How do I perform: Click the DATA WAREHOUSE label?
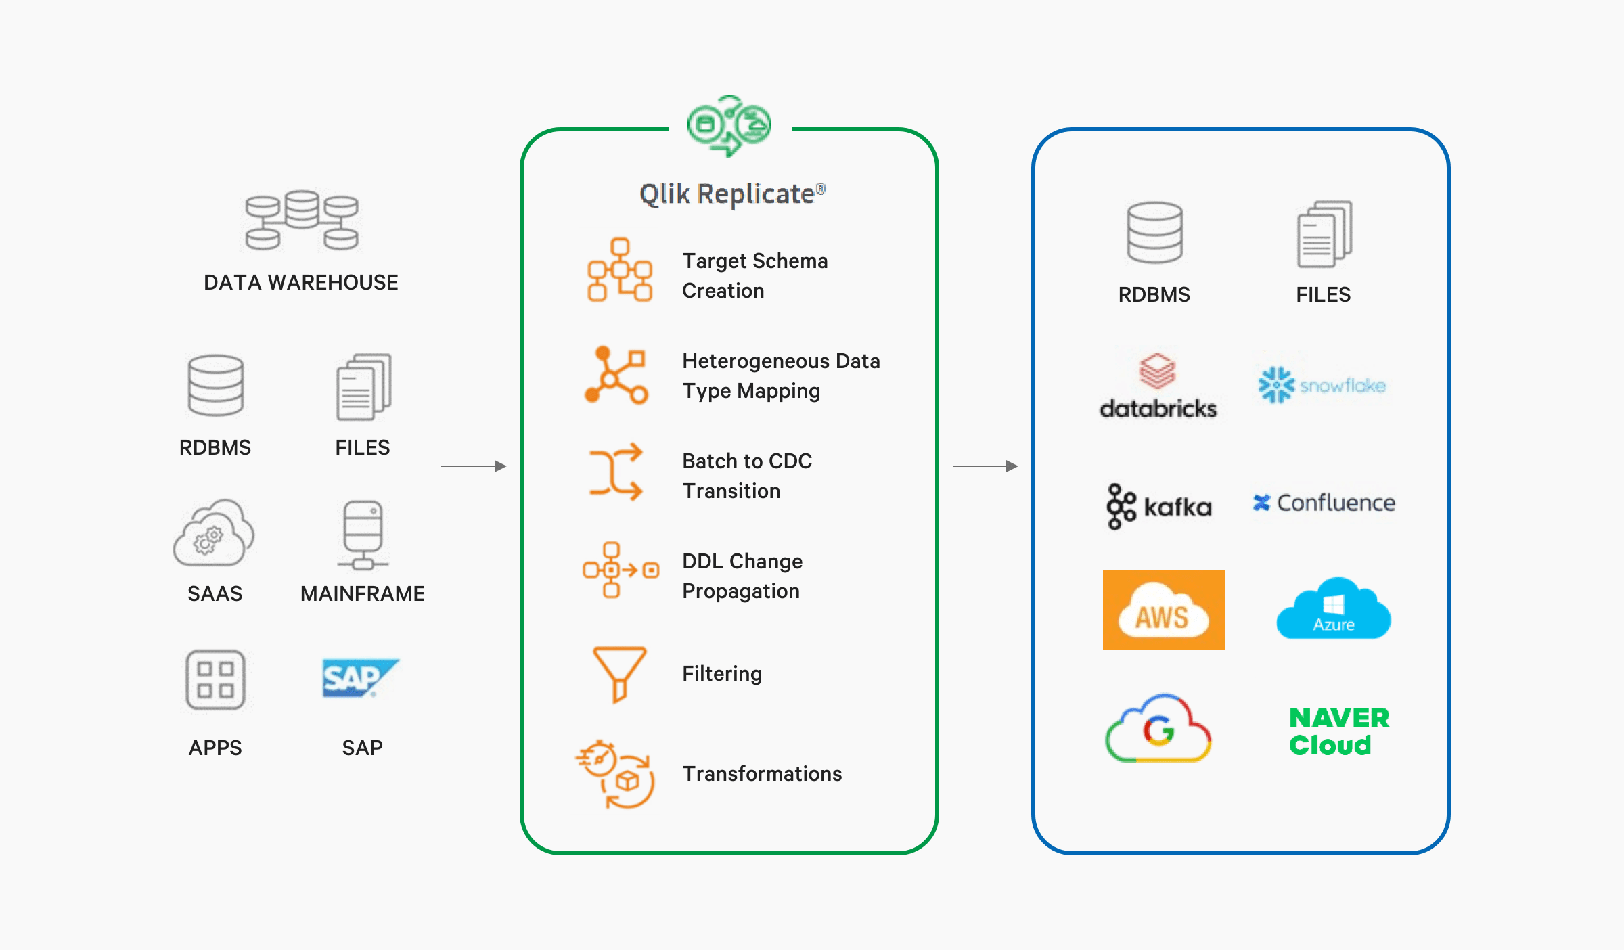(300, 282)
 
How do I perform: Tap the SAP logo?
(360, 677)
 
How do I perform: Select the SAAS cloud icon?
(214, 535)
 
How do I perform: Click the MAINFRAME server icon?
(363, 535)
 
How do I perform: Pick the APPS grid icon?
(215, 679)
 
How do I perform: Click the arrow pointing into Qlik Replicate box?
(474, 466)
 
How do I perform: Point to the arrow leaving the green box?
(985, 466)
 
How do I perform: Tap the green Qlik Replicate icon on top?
(729, 126)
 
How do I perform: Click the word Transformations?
(762, 773)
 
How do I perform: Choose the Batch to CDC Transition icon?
(615, 472)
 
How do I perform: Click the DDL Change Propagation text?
(742, 576)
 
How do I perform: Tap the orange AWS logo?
(1163, 610)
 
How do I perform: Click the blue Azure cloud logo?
(1333, 610)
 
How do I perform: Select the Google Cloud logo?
(1158, 729)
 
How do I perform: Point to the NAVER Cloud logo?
(1338, 731)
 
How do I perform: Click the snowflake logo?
(1322, 385)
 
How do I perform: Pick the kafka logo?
(1158, 506)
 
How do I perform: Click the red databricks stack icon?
(1157, 371)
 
